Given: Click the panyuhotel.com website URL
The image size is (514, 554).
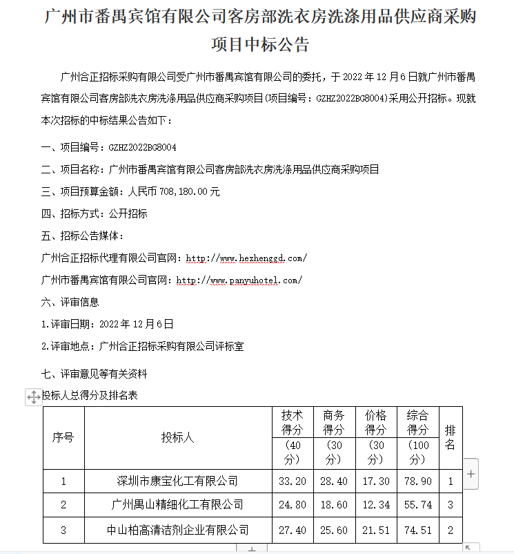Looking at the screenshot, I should [x=239, y=280].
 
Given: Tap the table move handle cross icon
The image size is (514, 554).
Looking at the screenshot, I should [x=32, y=397].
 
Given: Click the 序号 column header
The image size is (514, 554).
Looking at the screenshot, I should [x=63, y=438].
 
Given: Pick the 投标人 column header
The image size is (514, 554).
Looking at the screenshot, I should [x=177, y=438].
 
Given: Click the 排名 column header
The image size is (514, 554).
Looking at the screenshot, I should [x=450, y=438].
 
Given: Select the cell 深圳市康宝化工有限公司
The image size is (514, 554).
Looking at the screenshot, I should [x=177, y=481].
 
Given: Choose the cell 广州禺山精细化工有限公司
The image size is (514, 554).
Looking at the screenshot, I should [x=177, y=505].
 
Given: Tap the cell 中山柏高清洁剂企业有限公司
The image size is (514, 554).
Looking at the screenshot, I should [x=177, y=530].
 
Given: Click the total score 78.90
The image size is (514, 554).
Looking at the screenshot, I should [x=417, y=481].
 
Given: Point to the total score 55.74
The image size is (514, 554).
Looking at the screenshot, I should [x=417, y=505].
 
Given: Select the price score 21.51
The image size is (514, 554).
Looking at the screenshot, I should [x=376, y=530].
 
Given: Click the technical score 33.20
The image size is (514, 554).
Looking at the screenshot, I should [x=293, y=481].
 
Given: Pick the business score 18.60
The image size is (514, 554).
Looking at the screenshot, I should [x=334, y=505].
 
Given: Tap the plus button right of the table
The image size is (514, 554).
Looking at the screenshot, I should [x=471, y=474].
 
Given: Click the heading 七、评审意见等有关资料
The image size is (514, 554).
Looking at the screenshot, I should [x=94, y=374].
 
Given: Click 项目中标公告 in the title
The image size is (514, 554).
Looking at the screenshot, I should [x=260, y=45].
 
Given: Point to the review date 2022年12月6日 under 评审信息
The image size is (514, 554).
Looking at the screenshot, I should [x=137, y=323].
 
